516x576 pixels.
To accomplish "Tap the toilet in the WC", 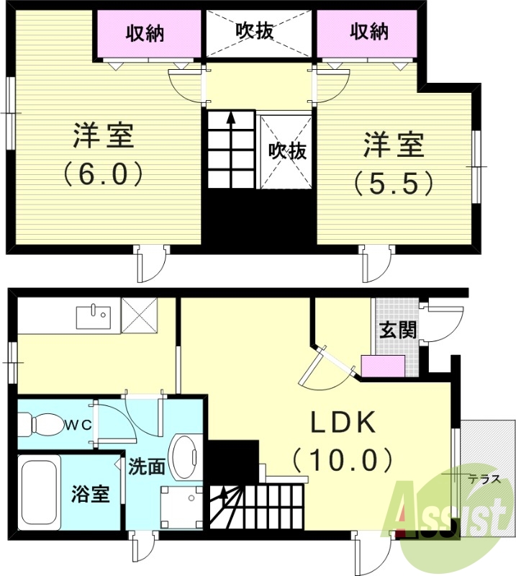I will pos(43,424).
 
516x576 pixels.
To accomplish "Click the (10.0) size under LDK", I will pos(343,459).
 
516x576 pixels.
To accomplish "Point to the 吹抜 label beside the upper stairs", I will pos(288,150).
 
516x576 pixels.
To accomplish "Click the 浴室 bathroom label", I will pos(90,495).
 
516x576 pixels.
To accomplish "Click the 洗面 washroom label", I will pos(146,467).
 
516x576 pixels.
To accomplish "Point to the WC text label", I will pos(80,425).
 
